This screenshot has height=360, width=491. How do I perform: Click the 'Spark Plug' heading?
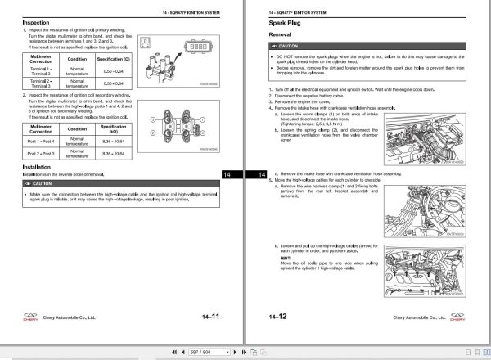click(286, 24)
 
